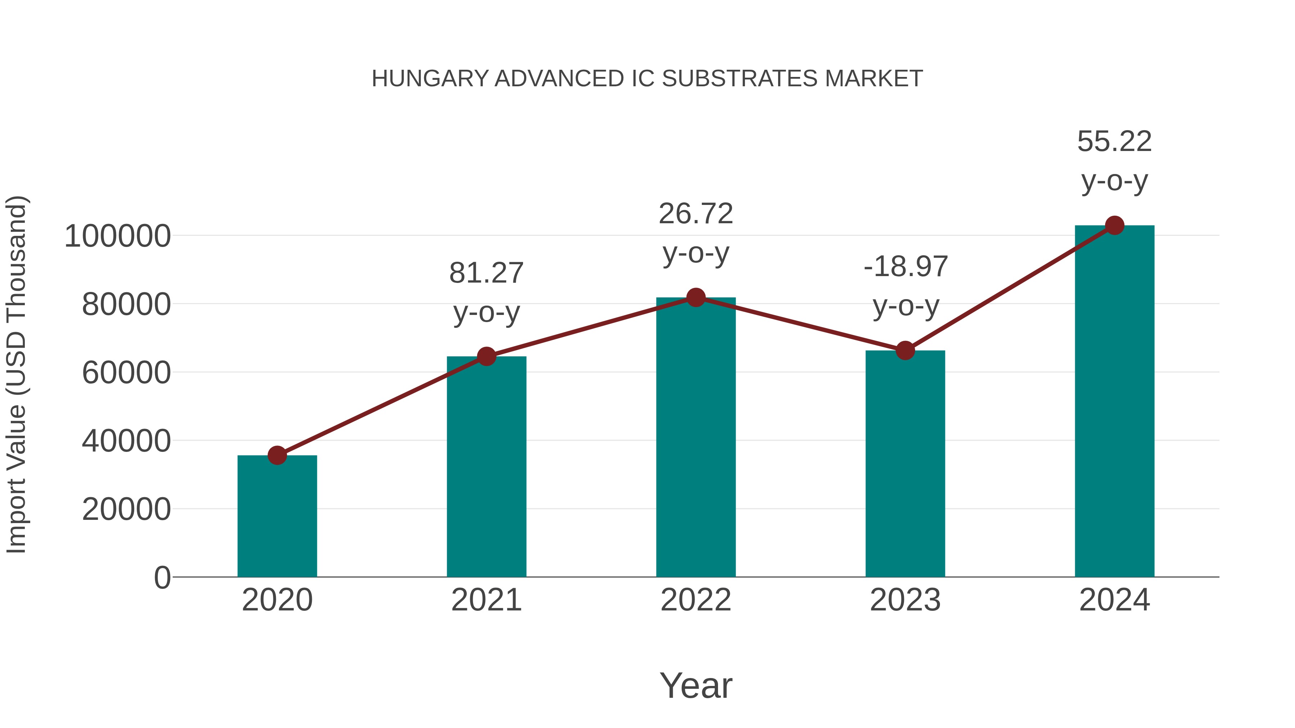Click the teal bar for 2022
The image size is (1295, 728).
click(696, 437)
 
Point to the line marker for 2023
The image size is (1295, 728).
click(905, 351)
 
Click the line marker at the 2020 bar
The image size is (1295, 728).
click(277, 456)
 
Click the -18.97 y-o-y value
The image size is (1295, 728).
click(905, 267)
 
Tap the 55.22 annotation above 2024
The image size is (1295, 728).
click(1114, 142)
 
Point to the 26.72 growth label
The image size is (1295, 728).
click(696, 214)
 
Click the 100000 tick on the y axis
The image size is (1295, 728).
click(118, 236)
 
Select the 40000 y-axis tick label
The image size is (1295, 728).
click(126, 441)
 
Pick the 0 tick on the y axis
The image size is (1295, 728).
click(162, 578)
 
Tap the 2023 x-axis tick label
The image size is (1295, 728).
click(905, 600)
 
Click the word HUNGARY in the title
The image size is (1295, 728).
click(430, 79)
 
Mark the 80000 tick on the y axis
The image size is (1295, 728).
click(126, 305)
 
